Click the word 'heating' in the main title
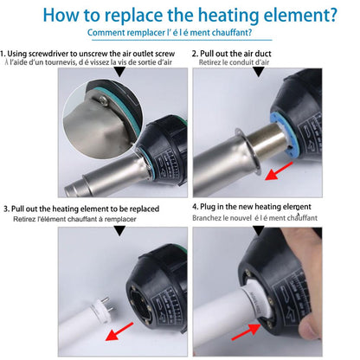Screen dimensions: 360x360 (229, 16)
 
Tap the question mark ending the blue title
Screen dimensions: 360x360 (332, 15)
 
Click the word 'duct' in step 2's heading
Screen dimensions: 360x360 (263, 54)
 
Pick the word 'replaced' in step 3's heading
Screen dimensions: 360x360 (145, 209)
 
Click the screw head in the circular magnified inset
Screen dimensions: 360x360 (102, 101)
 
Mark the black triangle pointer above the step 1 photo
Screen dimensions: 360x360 (119, 72)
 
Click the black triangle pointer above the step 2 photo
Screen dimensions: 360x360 (259, 72)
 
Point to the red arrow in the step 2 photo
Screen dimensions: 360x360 (279, 171)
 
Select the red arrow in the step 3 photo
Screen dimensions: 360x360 (119, 331)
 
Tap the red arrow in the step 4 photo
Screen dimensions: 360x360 (246, 332)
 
